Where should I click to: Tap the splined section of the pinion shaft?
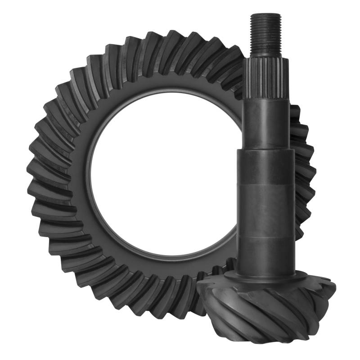tap(265, 79)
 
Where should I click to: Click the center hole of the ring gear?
tap(162, 180)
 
